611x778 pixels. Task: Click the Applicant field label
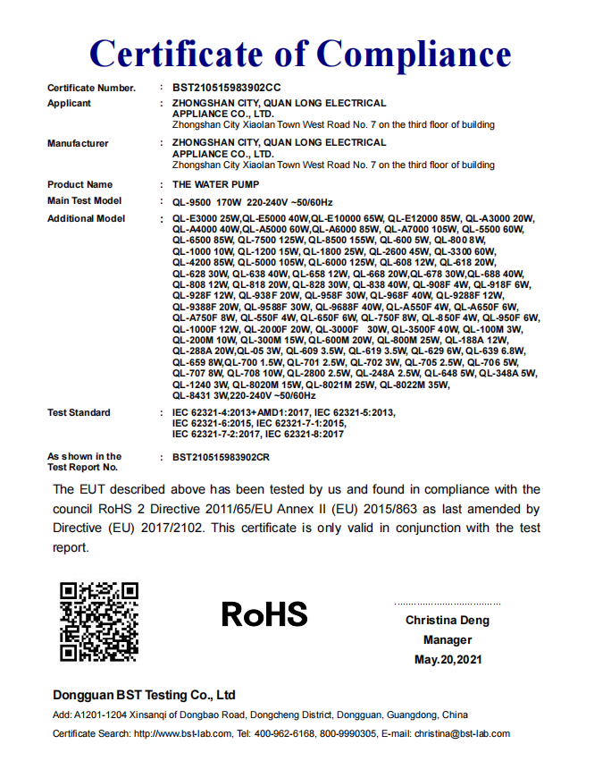(69, 104)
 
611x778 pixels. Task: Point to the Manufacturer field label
(78, 143)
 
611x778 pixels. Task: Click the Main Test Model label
(84, 201)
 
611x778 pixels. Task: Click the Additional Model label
(86, 219)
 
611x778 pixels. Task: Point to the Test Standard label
(79, 412)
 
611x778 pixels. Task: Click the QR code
(98, 622)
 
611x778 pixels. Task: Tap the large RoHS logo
(264, 614)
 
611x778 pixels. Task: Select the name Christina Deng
(448, 621)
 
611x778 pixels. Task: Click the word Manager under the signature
(448, 640)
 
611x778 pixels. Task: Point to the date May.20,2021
(448, 660)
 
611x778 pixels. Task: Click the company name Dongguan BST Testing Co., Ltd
(144, 695)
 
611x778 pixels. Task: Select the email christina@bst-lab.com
(462, 734)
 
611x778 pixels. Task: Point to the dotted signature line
(448, 604)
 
